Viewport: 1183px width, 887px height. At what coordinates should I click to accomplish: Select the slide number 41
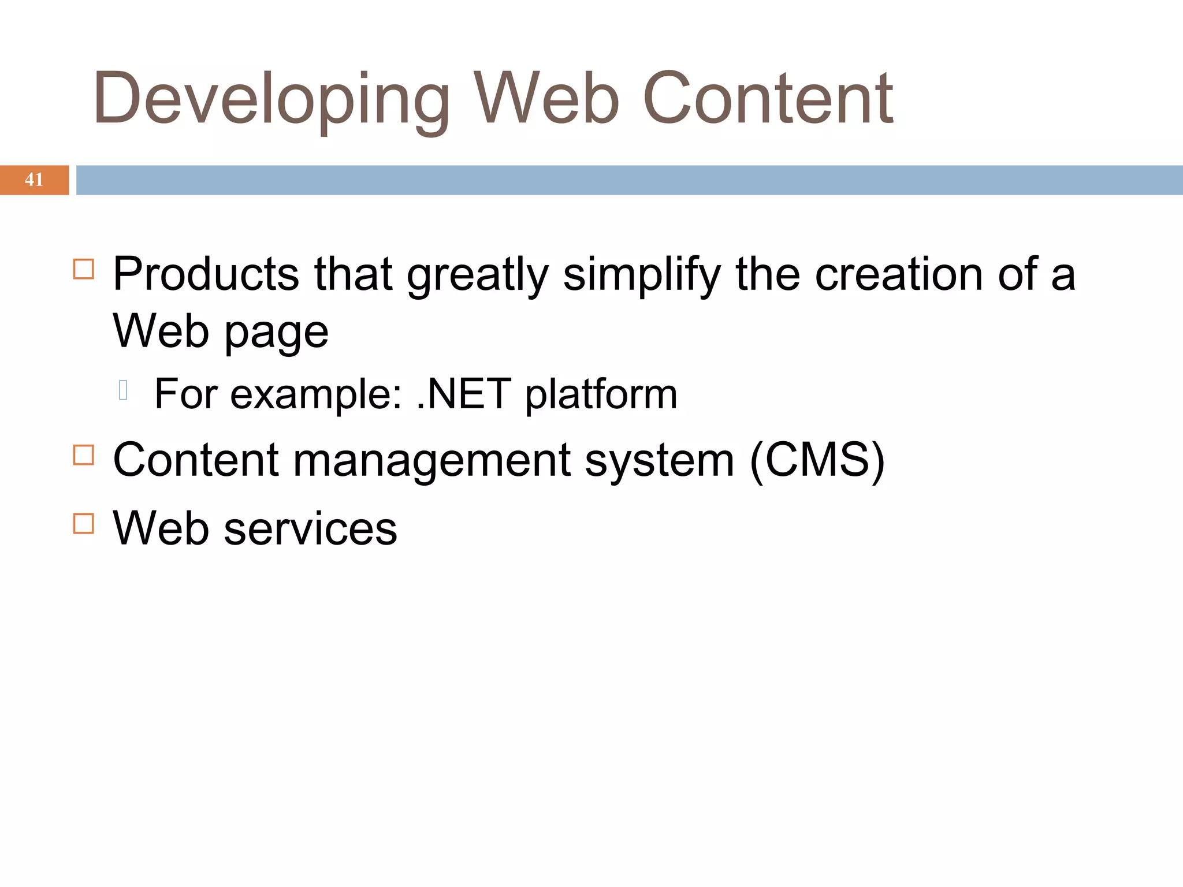click(34, 180)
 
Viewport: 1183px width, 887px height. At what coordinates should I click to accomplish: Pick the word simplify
click(642, 274)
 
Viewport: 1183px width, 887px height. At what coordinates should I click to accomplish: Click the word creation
click(898, 274)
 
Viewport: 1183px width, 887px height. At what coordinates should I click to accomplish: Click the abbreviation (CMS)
click(817, 461)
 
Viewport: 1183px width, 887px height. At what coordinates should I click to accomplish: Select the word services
click(310, 528)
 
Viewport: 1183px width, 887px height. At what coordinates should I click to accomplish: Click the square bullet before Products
click(84, 269)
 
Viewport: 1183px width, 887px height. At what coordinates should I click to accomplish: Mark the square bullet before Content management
click(84, 455)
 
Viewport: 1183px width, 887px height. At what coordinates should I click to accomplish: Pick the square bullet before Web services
click(84, 523)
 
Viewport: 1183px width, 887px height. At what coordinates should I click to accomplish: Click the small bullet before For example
click(123, 390)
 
